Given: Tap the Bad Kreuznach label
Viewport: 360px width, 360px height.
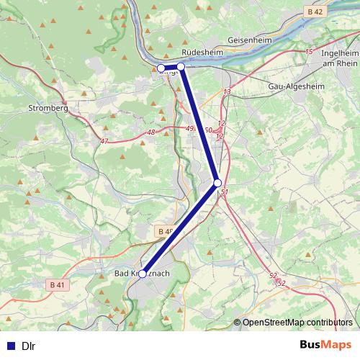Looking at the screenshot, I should (143, 274).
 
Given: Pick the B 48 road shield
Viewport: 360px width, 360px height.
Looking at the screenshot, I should (165, 231).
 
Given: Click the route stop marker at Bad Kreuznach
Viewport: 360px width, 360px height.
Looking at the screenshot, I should (143, 274).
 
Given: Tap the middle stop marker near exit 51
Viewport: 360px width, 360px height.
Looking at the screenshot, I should (217, 184).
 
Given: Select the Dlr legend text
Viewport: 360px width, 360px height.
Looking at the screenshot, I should (29, 346).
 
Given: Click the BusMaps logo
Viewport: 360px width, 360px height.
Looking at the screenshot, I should (326, 345).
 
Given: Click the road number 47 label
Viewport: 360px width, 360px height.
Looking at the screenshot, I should (104, 141).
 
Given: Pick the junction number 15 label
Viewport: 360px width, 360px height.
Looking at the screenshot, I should (309, 52).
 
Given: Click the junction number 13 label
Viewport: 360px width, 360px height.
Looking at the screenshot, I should (228, 92).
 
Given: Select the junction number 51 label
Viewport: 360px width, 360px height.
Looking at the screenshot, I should (225, 192).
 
